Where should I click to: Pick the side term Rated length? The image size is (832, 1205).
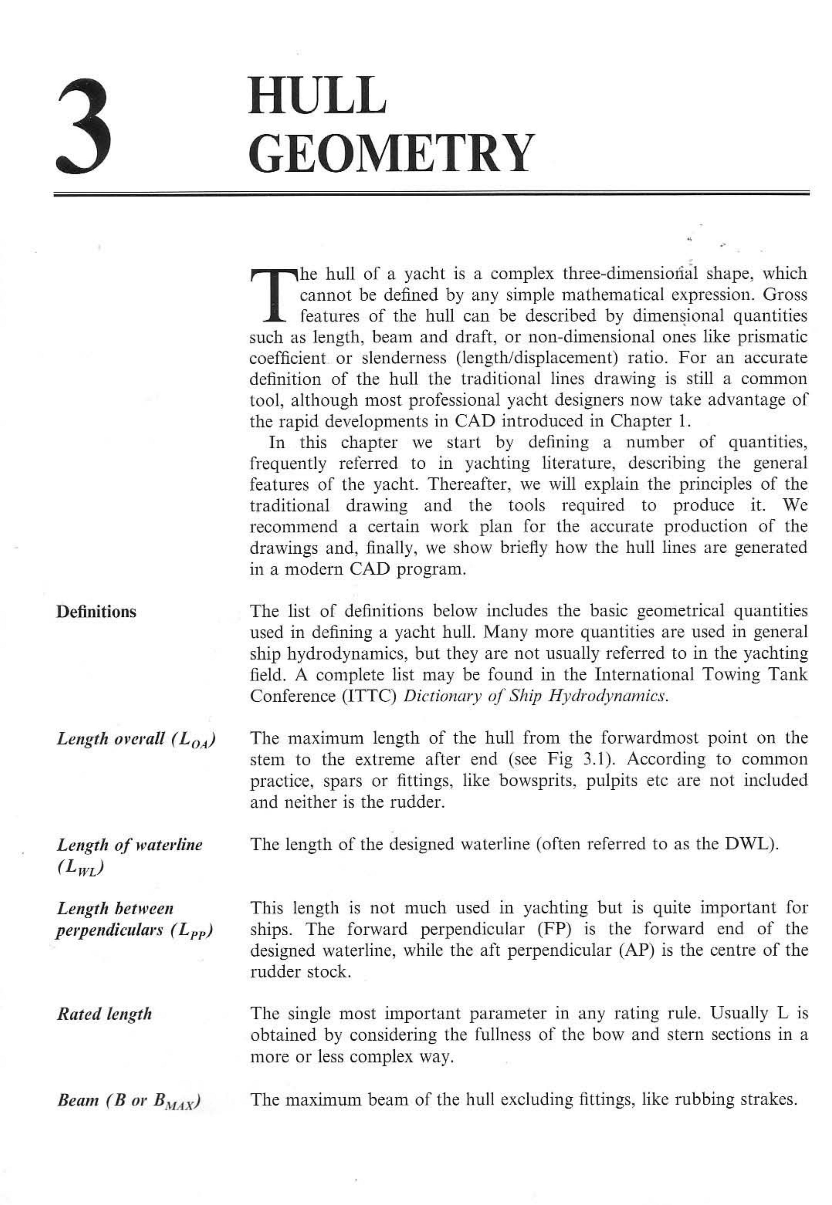tap(104, 1014)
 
